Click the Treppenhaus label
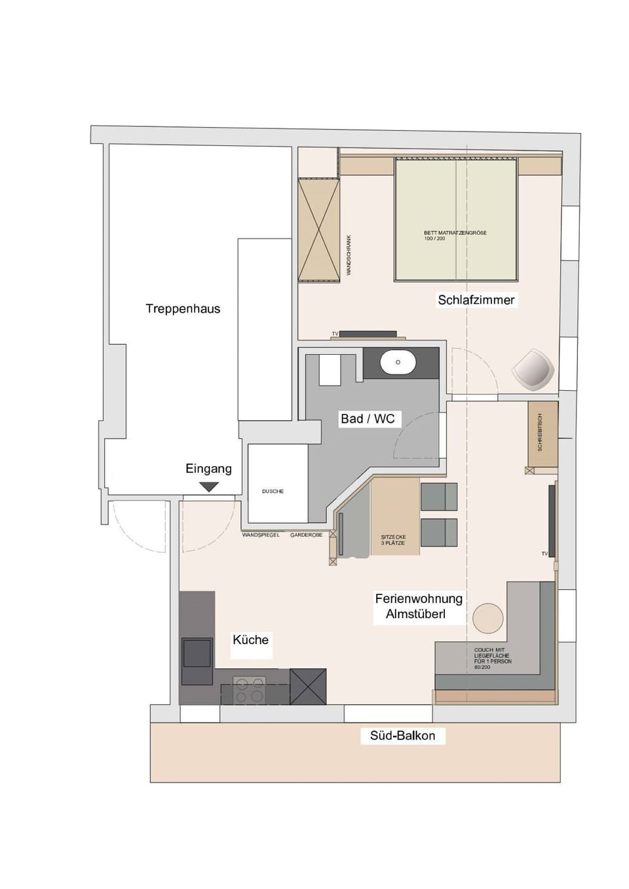(x=183, y=308)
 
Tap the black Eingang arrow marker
(x=208, y=486)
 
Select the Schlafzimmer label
(x=476, y=300)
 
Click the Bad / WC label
(x=368, y=418)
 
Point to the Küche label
(x=250, y=640)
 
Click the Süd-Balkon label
(x=402, y=735)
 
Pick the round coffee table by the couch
(x=487, y=618)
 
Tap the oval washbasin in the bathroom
(x=398, y=362)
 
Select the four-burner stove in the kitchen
(x=250, y=691)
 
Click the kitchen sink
(x=197, y=653)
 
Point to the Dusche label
(x=273, y=491)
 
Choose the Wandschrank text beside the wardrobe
(x=349, y=255)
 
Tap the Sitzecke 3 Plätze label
(x=393, y=540)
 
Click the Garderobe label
(x=306, y=535)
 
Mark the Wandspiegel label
(x=261, y=535)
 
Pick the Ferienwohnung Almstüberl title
(x=418, y=606)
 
